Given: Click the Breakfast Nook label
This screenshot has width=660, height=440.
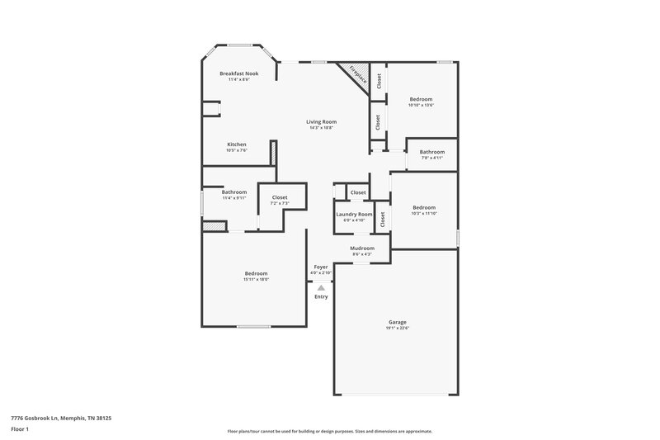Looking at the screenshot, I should [238, 73].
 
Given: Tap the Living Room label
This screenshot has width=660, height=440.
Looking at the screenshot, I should [323, 121].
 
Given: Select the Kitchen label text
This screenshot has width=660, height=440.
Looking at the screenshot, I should [237, 144].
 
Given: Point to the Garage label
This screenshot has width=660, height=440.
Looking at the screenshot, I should [397, 322].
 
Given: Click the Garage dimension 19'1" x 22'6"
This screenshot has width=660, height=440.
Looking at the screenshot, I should [397, 329].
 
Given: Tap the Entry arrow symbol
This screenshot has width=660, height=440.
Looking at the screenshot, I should [321, 287].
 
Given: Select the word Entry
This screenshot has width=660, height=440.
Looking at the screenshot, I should [321, 296].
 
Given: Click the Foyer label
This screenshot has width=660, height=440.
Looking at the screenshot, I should [321, 267].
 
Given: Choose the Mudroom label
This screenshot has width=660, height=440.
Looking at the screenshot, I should [362, 248].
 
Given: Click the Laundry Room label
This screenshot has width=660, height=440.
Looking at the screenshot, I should [353, 214].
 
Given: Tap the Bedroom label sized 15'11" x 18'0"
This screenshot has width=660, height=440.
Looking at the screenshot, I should [257, 273].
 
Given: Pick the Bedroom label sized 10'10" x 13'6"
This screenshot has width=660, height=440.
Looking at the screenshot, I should [421, 99].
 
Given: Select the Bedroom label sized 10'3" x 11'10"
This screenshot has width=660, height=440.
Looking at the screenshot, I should [424, 207].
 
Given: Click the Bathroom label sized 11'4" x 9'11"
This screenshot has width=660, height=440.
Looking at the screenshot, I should [234, 192].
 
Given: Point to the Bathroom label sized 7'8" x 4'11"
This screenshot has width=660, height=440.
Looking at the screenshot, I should [431, 152].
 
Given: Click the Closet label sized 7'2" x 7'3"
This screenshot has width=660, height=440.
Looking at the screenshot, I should [280, 197].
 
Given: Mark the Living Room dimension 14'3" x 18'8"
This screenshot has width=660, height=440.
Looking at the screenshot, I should [323, 128].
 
